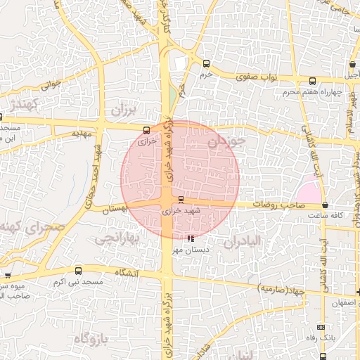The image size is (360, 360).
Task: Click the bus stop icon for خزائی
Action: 146,129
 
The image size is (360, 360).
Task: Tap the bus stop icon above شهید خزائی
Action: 181,200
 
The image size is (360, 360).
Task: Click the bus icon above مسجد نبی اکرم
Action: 77,271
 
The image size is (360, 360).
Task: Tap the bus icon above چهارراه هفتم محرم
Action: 311,81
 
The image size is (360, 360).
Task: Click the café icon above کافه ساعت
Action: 324,205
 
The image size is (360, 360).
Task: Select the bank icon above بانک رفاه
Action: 321,327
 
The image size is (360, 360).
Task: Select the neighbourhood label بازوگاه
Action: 92,339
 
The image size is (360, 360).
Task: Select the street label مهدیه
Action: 83,133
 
